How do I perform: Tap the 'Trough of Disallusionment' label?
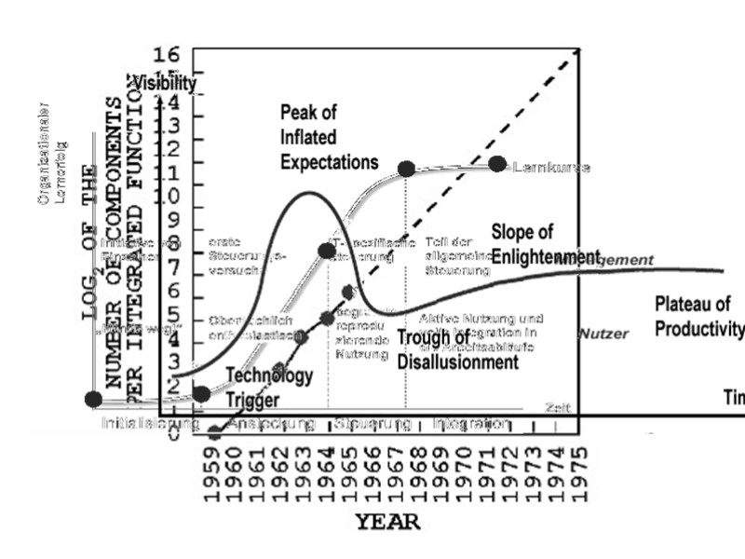click(x=457, y=350)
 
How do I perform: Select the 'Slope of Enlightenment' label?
click(x=546, y=244)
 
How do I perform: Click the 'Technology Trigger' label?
click(x=270, y=386)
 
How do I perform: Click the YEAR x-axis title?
click(x=387, y=522)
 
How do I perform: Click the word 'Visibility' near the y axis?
click(x=164, y=83)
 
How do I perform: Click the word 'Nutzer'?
click(x=603, y=333)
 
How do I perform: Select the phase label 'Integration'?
click(x=471, y=424)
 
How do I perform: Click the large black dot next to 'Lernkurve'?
click(x=496, y=164)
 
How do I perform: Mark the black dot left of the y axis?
click(x=93, y=399)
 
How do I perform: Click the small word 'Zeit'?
click(x=556, y=407)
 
